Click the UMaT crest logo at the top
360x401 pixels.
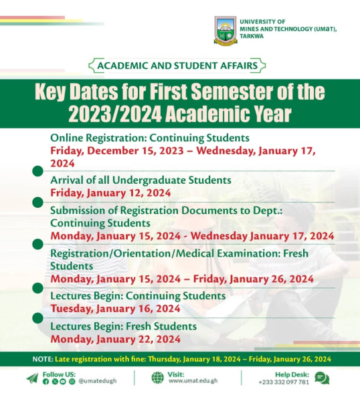(226, 31)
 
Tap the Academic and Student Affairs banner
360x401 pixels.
(177, 65)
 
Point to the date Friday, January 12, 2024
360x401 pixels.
(110, 192)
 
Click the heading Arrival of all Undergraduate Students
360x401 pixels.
(141, 180)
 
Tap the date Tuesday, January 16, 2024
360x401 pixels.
(115, 308)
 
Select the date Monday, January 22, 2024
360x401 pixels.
(115, 339)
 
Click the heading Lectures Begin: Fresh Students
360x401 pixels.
(123, 326)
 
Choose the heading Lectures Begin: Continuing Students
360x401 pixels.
(137, 295)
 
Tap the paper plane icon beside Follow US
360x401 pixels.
(32, 378)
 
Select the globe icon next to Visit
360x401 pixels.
(157, 378)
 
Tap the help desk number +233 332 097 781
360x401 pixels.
(284, 382)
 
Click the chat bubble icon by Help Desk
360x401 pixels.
(322, 378)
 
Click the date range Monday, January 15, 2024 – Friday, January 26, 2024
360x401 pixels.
(182, 278)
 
